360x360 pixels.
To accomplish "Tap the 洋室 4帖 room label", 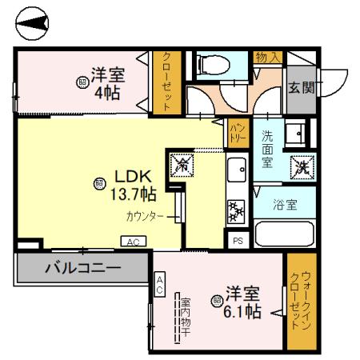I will pos(107,82).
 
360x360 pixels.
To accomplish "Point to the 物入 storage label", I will pos(267,58).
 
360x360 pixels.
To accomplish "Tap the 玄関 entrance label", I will pos(301,87).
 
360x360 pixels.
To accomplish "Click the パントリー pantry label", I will pos(238,130).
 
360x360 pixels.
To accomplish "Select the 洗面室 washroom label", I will pos(268,150).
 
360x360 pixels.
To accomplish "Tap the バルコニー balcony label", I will pos(82,266).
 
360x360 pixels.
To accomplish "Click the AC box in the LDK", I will pos(133,241).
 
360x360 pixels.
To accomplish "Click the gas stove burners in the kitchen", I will pos(237,210).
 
